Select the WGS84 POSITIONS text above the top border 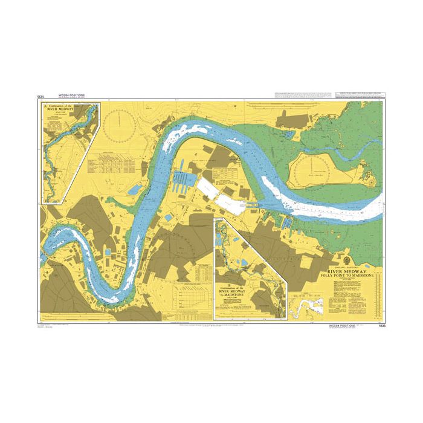(71, 95)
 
